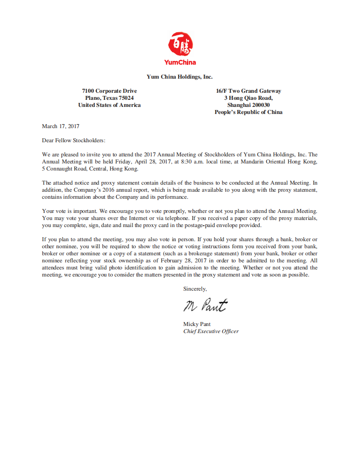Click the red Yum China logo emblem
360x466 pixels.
tap(180, 44)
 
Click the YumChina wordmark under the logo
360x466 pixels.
tap(180, 62)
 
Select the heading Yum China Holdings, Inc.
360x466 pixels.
tap(180, 77)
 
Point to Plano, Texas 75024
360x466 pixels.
tap(110, 98)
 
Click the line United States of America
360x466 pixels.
tap(110, 105)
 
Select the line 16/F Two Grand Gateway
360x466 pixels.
tap(249, 91)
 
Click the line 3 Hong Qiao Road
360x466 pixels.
tap(249, 98)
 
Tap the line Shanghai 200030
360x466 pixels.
tap(249, 105)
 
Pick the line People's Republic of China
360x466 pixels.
tap(249, 112)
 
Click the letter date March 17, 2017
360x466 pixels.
tap(61, 126)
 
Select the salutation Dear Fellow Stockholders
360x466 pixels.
tap(74, 140)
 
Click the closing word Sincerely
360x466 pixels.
tap(195, 289)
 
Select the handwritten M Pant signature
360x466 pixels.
tap(205, 305)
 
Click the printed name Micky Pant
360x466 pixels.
tap(197, 324)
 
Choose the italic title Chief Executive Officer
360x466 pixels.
tap(211, 331)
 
